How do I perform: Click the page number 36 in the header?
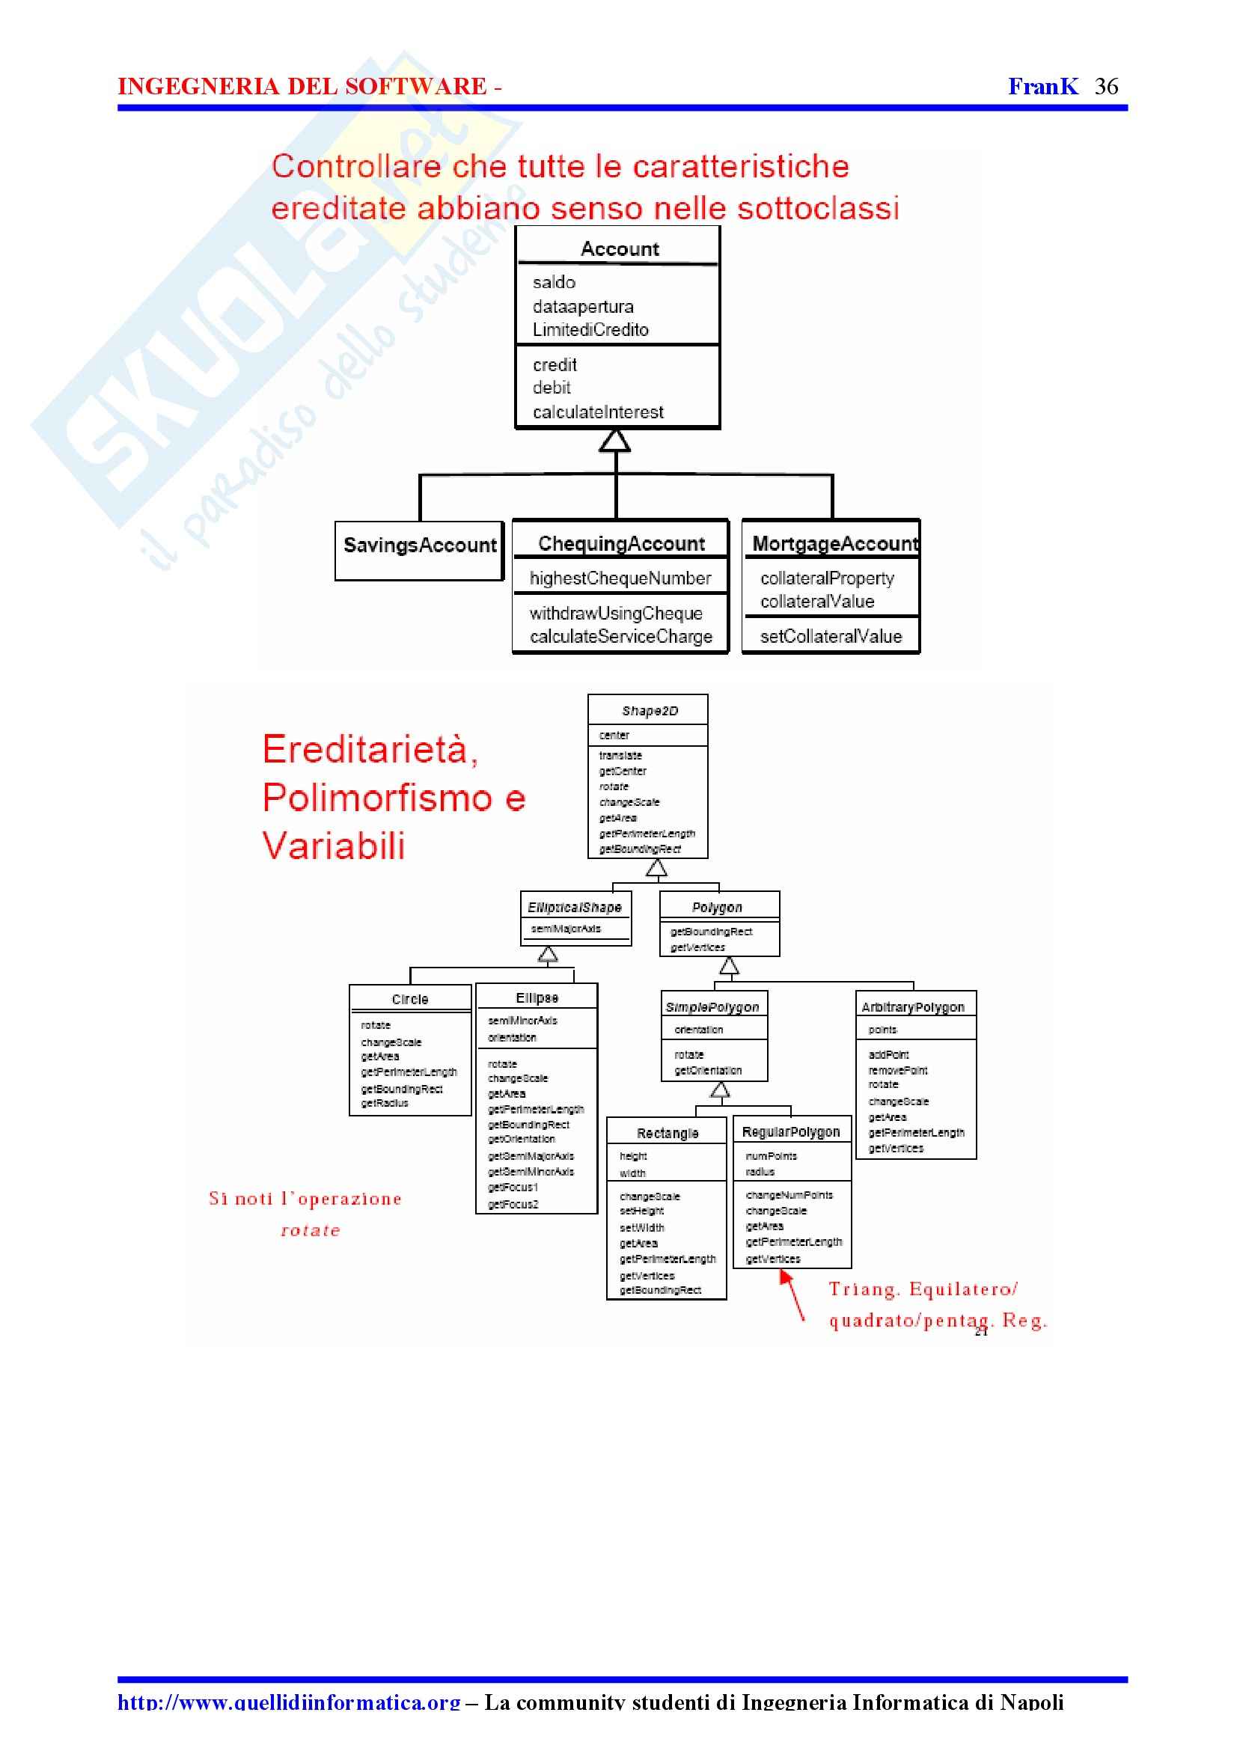[1106, 86]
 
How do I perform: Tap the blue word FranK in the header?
[1042, 86]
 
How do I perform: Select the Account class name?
[620, 249]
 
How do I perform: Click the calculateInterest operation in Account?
[598, 412]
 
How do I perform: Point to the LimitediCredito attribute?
[590, 330]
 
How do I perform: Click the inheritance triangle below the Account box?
[614, 440]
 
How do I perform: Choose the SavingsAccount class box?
[420, 550]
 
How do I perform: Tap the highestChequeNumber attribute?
[620, 578]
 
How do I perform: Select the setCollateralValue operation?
[830, 636]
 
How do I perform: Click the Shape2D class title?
[649, 711]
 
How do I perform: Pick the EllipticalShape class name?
[574, 907]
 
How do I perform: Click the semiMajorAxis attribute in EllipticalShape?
[565, 929]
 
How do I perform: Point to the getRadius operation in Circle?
[385, 1103]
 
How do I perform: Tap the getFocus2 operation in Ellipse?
[513, 1204]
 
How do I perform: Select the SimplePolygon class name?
[712, 1007]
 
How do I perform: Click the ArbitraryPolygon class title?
[912, 1007]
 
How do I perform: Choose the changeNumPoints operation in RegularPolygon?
[789, 1195]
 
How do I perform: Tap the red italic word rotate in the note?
[310, 1230]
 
